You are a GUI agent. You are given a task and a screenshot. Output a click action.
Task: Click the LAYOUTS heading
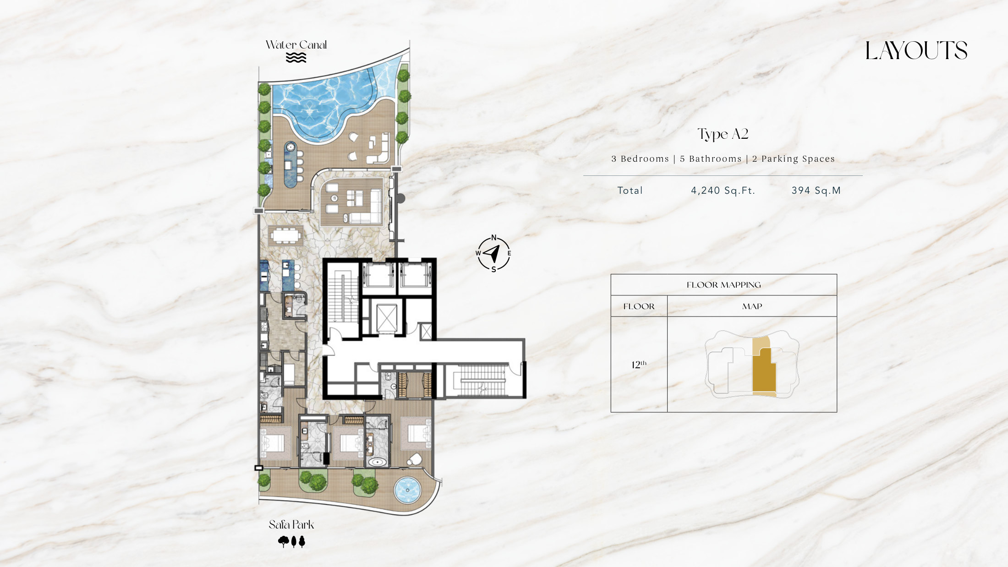coord(916,50)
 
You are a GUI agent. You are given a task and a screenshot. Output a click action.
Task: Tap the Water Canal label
coord(296,45)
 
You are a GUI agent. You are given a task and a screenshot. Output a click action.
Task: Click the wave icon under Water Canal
coord(296,57)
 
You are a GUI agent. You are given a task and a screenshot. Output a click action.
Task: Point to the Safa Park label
coord(291,524)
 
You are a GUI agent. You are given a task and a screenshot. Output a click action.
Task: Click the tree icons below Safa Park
coord(291,542)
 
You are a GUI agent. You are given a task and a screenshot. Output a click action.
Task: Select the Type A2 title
coord(723,134)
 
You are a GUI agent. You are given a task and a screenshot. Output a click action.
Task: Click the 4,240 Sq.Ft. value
coord(723,191)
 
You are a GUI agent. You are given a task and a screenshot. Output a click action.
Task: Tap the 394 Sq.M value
coord(816,191)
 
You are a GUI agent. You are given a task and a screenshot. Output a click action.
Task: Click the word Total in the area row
coord(630,191)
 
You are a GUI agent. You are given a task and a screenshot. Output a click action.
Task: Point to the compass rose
coord(493,253)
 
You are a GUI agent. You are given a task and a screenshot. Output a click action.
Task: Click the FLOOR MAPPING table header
coord(723,285)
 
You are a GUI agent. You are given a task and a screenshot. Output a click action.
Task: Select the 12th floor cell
coord(639,365)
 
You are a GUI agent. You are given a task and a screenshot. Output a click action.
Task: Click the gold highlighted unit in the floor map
coord(764,371)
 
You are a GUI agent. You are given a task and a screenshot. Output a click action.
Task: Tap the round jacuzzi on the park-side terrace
coord(407,490)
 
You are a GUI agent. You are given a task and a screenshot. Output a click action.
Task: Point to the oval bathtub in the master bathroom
coord(377,462)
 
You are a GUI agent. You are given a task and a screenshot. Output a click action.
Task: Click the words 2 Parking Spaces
coord(794,159)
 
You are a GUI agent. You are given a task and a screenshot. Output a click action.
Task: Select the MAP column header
coord(752,306)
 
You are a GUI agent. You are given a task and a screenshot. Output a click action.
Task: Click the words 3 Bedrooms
coord(640,159)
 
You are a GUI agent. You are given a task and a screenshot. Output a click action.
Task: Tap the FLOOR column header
coord(639,306)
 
